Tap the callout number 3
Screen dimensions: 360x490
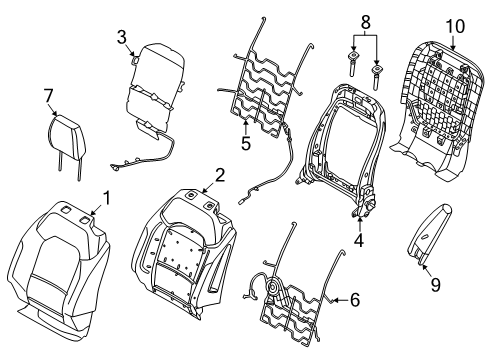point(121,38)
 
